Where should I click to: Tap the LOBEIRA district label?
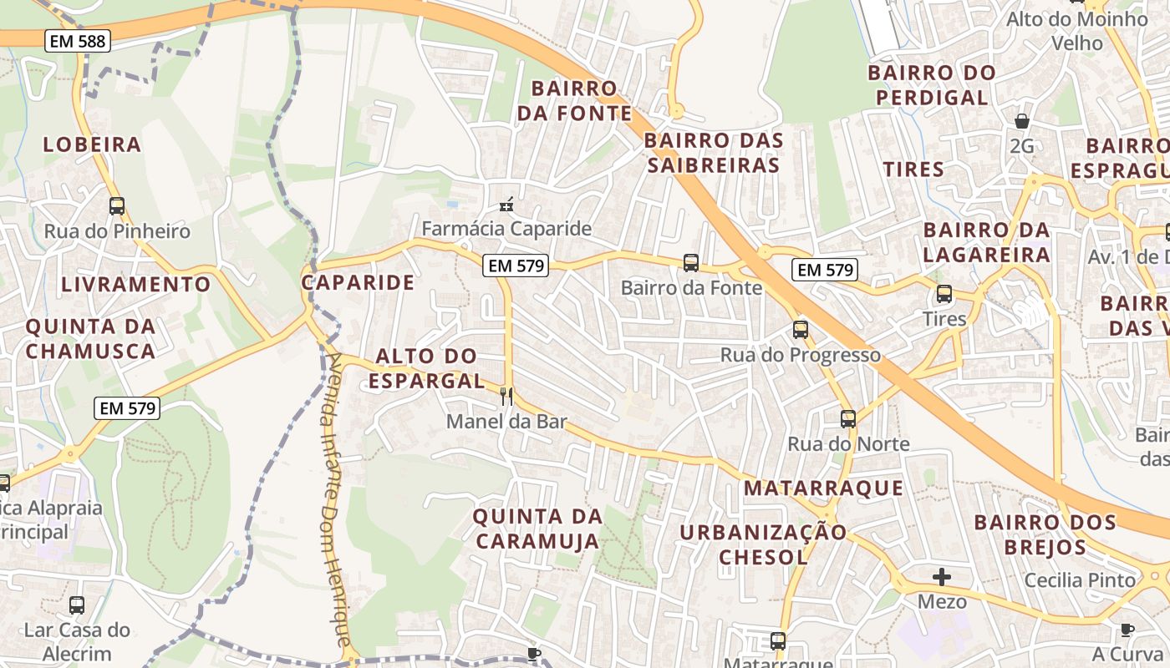[92, 144]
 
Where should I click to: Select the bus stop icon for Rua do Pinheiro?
[117, 206]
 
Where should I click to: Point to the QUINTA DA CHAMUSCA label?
[90, 338]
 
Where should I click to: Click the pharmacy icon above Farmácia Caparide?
[506, 204]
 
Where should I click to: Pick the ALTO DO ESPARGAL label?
[427, 368]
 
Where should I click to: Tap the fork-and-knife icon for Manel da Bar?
[506, 396]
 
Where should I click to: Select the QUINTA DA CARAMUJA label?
[537, 529]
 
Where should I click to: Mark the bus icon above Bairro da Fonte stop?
[691, 263]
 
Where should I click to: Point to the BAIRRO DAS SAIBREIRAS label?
[714, 153]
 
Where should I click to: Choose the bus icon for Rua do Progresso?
[801, 330]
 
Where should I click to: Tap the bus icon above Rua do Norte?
[848, 419]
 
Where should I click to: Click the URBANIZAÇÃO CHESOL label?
[763, 544]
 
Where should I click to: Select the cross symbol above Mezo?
[942, 577]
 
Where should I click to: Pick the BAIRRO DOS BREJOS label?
[1045, 535]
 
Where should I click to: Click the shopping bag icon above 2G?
[1021, 122]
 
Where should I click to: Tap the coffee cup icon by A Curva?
[1127, 630]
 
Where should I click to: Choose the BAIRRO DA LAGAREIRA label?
[986, 241]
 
